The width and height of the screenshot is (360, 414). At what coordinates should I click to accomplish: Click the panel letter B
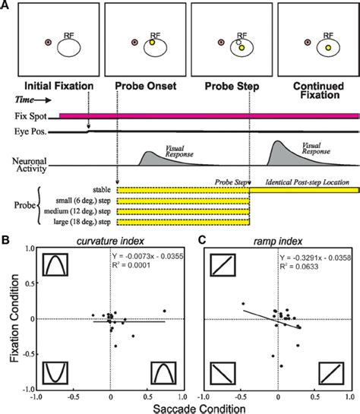(x=7, y=241)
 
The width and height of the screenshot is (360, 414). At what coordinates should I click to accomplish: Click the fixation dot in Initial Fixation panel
(x=49, y=44)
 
